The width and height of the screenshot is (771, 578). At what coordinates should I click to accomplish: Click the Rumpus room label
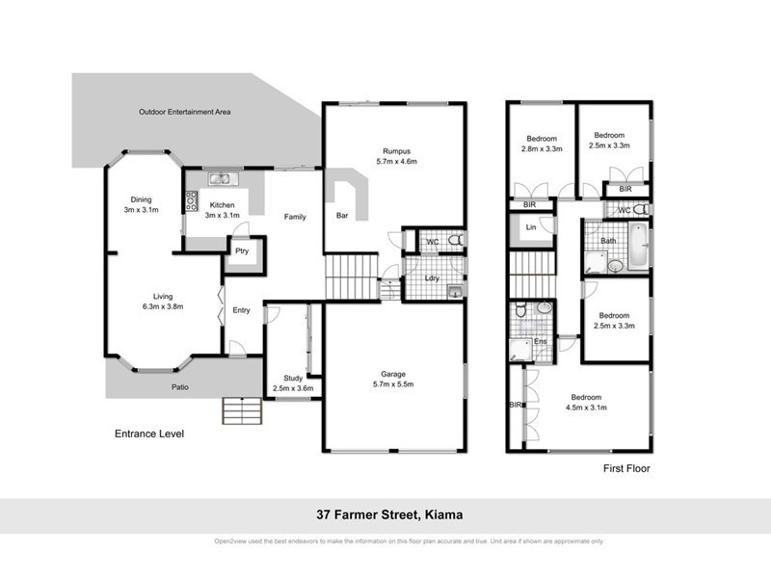click(x=396, y=151)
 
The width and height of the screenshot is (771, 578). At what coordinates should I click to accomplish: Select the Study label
click(x=293, y=378)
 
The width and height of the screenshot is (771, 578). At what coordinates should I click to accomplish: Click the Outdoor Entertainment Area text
click(x=183, y=112)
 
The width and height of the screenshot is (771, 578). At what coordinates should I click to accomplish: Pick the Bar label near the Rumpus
click(x=342, y=217)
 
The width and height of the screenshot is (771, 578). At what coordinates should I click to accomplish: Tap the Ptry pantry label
click(x=238, y=250)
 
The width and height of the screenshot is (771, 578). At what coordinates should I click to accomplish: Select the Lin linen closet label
click(x=531, y=227)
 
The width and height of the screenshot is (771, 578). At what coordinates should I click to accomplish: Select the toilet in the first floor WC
click(x=641, y=209)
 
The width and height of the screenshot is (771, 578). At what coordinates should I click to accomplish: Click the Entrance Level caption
click(x=148, y=434)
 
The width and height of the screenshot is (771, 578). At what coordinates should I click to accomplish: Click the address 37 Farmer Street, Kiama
click(x=385, y=515)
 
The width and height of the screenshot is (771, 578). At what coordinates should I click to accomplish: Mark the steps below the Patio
click(x=241, y=411)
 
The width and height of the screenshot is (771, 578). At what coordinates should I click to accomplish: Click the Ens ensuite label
click(x=541, y=341)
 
